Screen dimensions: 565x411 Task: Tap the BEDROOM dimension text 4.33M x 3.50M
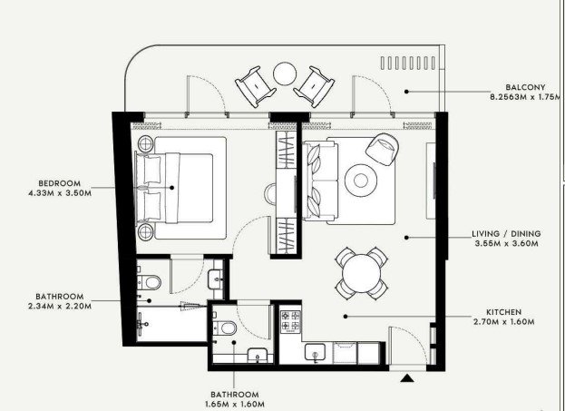(60, 193)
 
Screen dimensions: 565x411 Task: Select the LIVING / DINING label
(506, 233)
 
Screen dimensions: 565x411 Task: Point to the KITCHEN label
(503, 312)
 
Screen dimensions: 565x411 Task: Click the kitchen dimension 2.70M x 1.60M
(503, 321)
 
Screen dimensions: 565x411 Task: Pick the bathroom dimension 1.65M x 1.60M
(235, 404)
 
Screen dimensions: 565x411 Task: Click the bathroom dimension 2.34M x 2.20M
(60, 306)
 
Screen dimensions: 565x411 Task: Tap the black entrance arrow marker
(407, 377)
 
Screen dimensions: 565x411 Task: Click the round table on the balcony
(285, 73)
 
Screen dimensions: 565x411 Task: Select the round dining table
(362, 273)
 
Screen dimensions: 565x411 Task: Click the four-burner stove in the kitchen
(290, 321)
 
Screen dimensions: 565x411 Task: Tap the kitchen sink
(315, 352)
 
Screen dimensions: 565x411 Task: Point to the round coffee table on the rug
(361, 181)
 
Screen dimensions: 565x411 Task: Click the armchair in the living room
(383, 149)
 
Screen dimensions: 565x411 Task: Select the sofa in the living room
(320, 181)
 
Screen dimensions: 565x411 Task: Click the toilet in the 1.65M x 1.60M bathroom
(225, 328)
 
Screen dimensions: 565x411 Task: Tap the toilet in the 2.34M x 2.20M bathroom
(149, 282)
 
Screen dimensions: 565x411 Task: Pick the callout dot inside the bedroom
(172, 188)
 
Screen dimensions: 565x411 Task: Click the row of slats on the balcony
(408, 64)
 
